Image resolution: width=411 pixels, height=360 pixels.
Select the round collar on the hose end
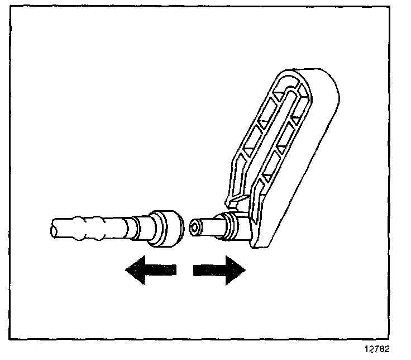tap(166, 228)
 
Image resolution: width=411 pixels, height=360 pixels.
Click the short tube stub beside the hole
tap(209, 226)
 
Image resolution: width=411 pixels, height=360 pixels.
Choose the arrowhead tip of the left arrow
tap(127, 270)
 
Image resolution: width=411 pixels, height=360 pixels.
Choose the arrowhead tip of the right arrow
tap(245, 270)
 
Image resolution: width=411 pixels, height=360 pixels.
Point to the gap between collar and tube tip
tap(187, 226)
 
